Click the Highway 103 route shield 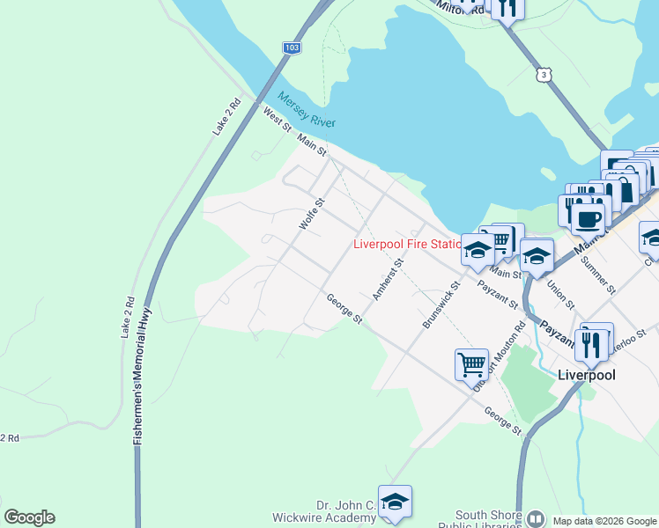coord(292,48)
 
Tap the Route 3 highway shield coord(544,75)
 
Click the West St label coord(277,120)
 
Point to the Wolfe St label coord(312,215)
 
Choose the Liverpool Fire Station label coord(407,245)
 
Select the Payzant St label coord(498,295)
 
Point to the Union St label coord(560,295)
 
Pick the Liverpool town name coord(587,374)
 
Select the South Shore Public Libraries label coord(487,520)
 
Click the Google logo coord(29,517)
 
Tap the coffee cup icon coord(589,217)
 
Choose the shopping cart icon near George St coord(471,363)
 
